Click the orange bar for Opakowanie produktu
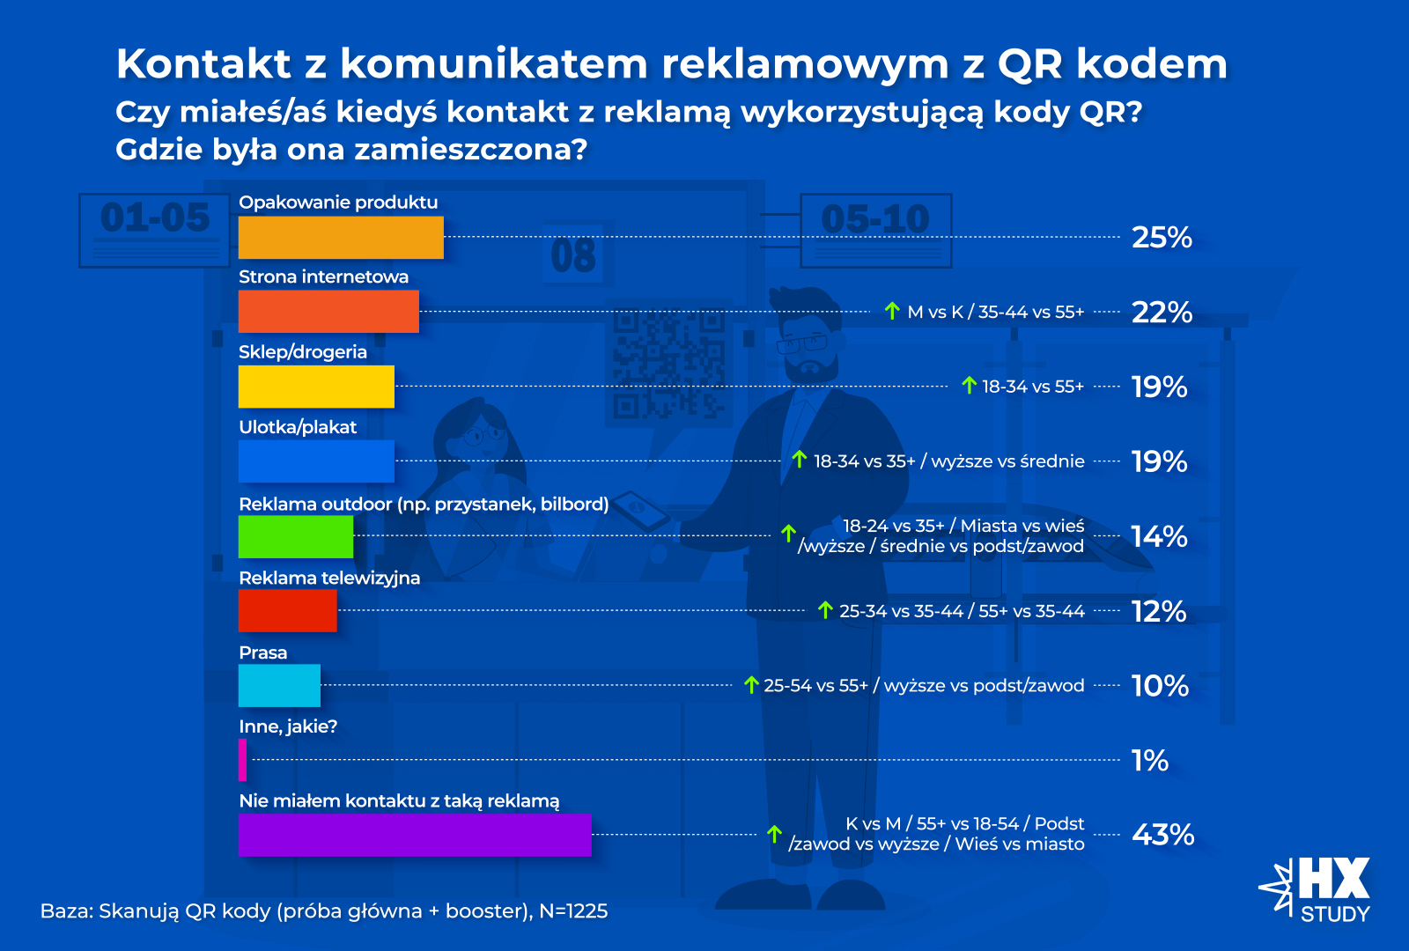(341, 237)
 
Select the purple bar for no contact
(415, 835)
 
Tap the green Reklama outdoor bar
(296, 536)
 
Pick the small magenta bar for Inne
(242, 760)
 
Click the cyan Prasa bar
(279, 685)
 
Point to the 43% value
(1162, 835)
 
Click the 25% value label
(1162, 237)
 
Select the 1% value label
(1149, 760)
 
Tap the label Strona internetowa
(323, 276)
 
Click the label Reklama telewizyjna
(329, 578)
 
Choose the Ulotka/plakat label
(298, 427)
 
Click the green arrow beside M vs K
(892, 311)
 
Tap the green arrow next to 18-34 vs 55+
(969, 385)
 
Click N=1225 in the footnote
(573, 911)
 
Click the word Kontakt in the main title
(203, 63)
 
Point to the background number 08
(573, 256)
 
